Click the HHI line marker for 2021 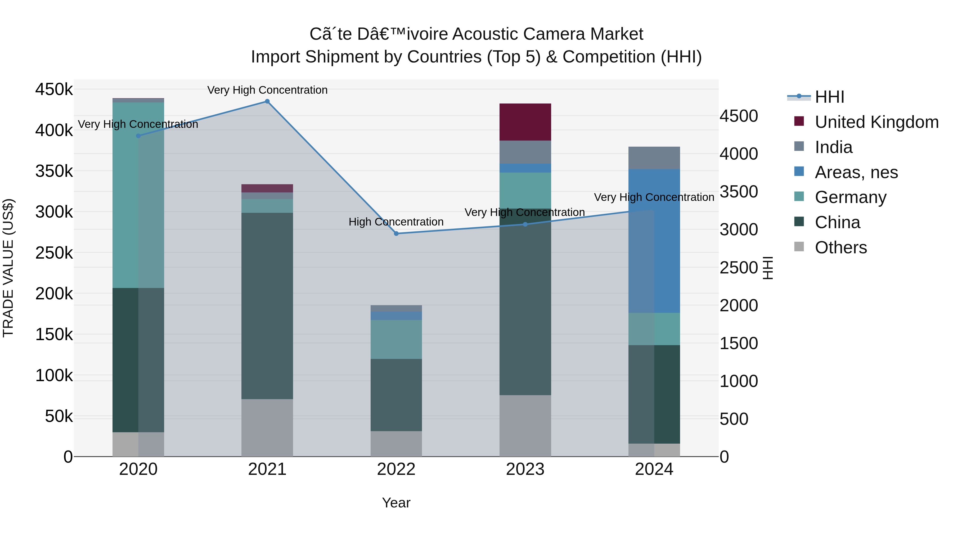click(267, 101)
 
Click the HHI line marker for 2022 click(396, 233)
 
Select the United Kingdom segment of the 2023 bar click(525, 122)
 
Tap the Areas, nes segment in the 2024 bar click(654, 240)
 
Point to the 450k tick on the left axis click(54, 89)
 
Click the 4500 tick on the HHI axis click(738, 116)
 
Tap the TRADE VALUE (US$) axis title click(8, 268)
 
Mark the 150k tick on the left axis click(54, 335)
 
